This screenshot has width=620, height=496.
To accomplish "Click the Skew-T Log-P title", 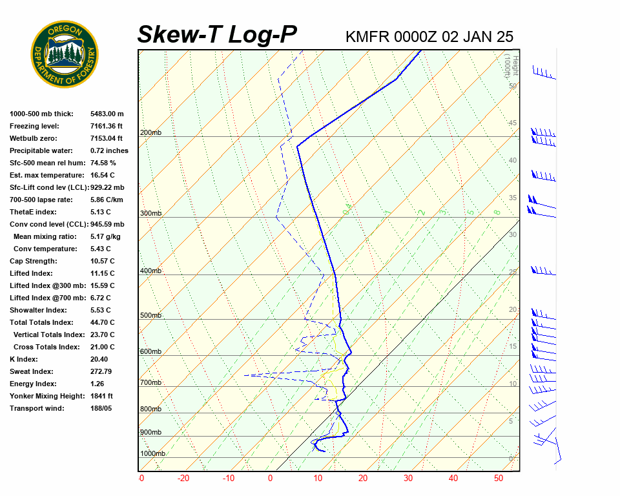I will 217,34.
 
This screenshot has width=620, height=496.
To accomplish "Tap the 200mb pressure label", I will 150,133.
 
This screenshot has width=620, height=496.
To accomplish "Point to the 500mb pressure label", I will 150,315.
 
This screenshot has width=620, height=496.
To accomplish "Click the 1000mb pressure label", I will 152,453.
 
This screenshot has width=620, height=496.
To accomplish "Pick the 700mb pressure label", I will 150,383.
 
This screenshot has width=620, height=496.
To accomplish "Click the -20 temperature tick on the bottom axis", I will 183,479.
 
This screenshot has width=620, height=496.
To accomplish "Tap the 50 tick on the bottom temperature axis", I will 499,479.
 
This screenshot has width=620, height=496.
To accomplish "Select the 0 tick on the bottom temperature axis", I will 270,479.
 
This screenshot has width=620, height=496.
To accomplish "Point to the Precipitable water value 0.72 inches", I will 109,150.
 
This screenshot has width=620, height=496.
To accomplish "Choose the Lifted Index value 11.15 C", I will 102,273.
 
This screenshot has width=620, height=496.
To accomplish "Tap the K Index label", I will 24,359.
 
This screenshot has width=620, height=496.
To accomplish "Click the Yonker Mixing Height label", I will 43,396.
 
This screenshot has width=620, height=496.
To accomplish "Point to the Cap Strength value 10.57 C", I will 102,261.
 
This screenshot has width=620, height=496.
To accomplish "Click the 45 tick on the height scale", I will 513,123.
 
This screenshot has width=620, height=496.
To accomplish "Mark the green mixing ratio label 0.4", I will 347,209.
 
